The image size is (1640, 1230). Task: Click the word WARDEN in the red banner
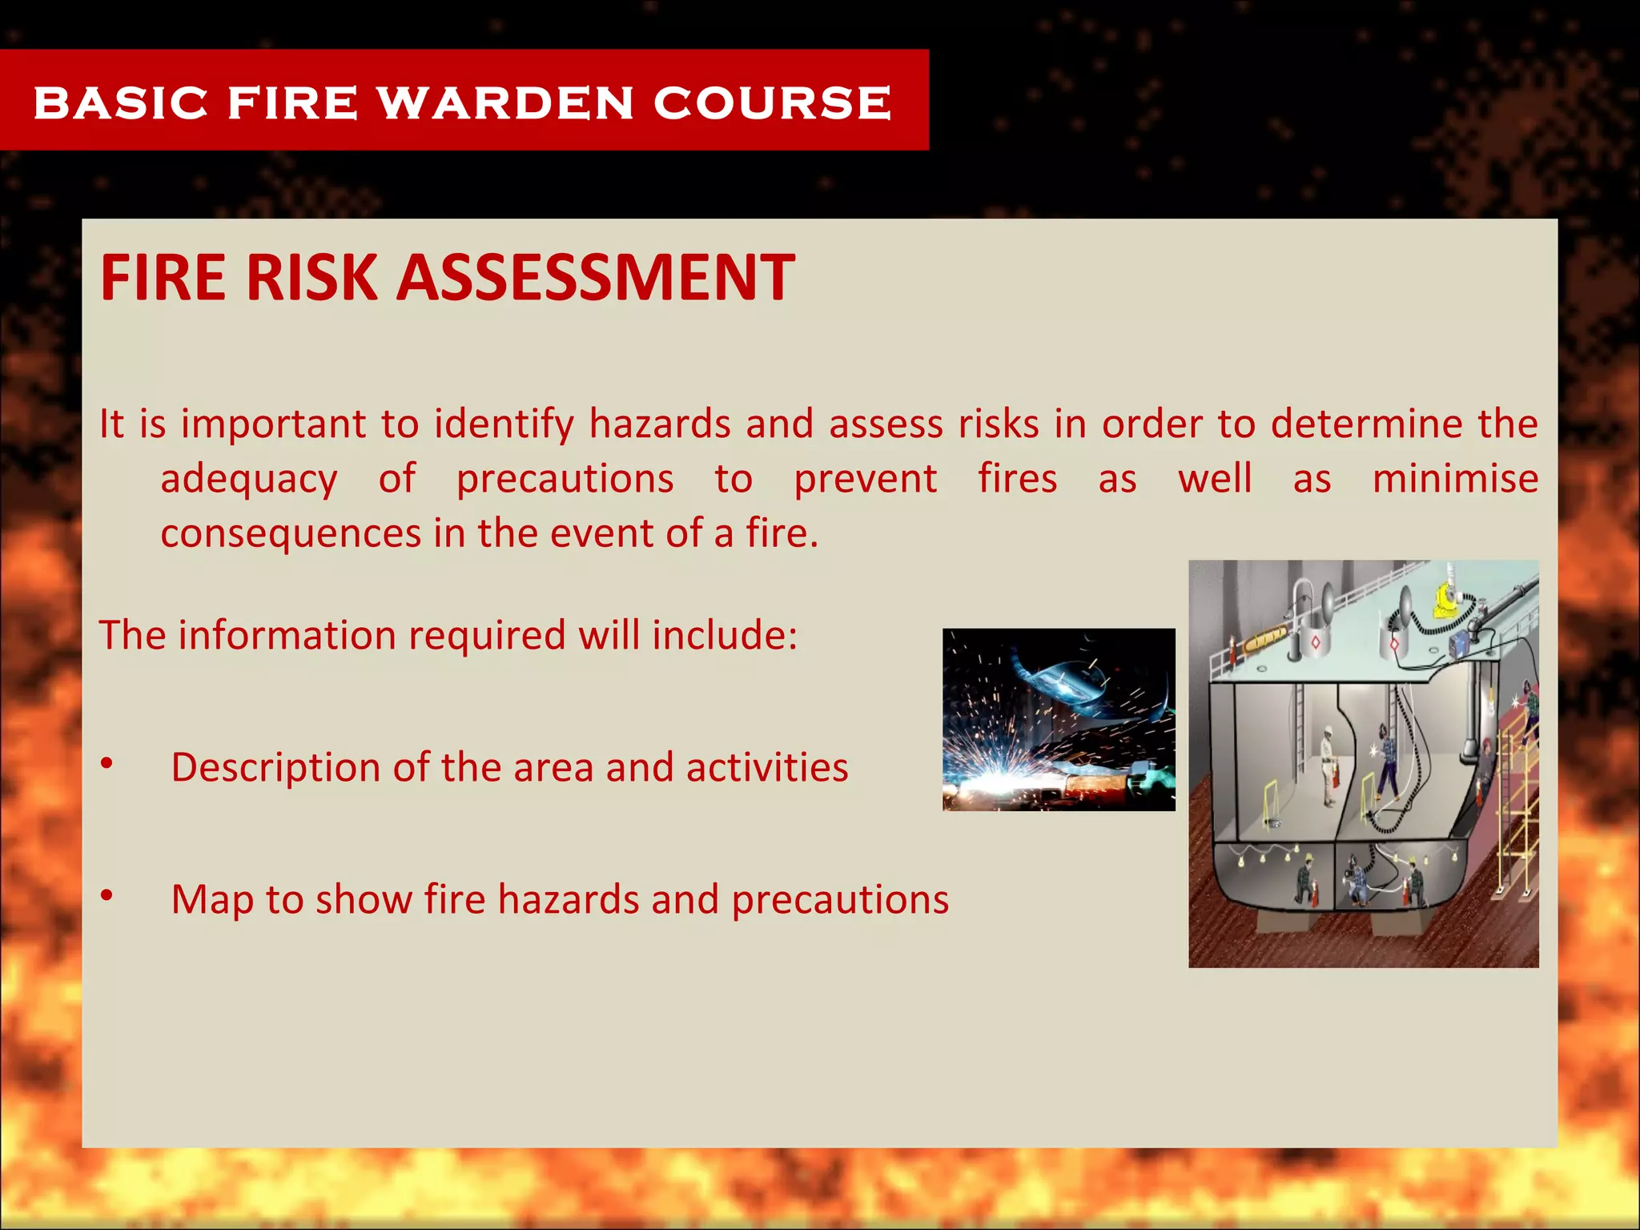(505, 103)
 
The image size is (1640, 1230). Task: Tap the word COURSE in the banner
(772, 103)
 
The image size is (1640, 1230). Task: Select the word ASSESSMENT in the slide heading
(596, 277)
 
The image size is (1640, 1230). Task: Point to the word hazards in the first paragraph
(660, 424)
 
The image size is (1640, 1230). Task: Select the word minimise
(1455, 479)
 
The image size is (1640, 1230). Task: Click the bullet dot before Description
(107, 764)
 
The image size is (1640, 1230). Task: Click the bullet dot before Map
(107, 896)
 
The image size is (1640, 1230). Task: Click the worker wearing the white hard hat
(1328, 761)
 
